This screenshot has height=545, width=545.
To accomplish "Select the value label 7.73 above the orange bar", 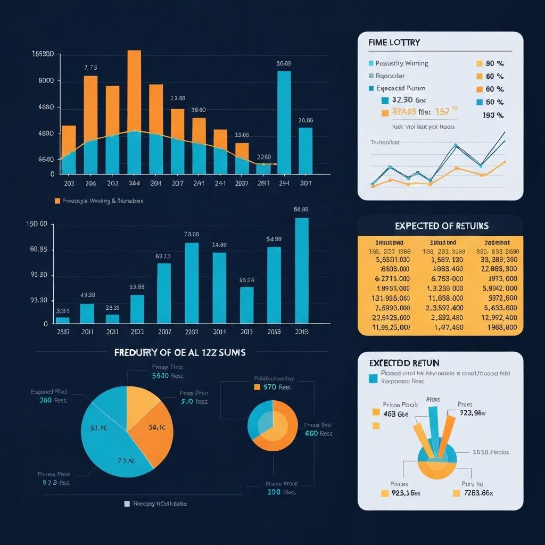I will [x=90, y=68].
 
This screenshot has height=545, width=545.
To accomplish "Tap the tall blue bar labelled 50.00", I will [x=284, y=122].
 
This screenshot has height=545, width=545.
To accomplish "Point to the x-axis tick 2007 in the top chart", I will [x=177, y=183].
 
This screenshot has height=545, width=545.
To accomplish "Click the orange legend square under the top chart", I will [x=57, y=201].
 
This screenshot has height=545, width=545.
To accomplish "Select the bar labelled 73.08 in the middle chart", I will [x=192, y=283].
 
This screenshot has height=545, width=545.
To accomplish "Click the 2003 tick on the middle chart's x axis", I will [x=137, y=332].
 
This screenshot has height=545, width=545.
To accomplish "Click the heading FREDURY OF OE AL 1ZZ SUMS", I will [x=180, y=352].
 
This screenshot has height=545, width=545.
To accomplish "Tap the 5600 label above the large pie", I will [x=161, y=375].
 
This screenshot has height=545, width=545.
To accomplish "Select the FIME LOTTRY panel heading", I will [x=393, y=43].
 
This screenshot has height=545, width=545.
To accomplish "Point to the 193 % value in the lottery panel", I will [x=493, y=115].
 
